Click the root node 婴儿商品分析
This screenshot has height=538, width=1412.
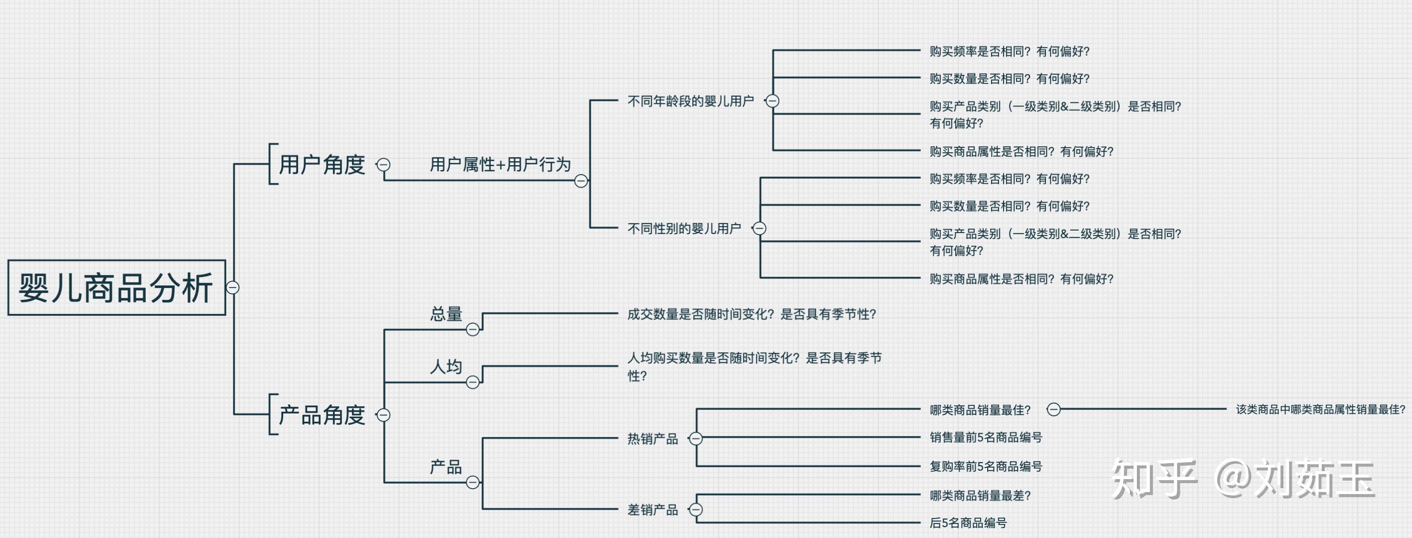point(116,287)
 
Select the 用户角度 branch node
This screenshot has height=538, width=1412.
point(322,164)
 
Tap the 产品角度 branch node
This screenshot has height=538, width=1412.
point(322,415)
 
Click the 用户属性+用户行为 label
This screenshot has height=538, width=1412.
point(500,164)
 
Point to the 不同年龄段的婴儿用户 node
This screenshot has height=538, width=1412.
point(690,101)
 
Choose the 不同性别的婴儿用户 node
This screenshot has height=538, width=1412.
point(684,229)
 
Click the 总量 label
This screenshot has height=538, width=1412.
point(446,314)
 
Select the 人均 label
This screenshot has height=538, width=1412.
point(446,366)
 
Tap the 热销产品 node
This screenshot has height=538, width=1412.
point(652,439)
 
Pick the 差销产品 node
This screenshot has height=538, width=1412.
point(652,510)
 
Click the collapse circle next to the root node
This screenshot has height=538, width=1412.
point(233,287)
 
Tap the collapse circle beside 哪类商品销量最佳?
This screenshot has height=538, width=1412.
point(1054,409)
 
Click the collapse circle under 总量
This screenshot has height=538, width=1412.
point(472,329)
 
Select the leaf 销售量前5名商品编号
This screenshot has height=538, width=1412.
point(986,437)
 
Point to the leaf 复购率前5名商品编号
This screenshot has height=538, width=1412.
point(986,466)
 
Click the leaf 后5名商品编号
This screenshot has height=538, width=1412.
point(968,523)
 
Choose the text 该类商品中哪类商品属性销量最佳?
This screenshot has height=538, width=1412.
point(1320,409)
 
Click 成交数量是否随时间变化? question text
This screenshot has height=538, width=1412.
point(751,314)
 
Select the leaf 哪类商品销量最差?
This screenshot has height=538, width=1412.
point(980,495)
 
